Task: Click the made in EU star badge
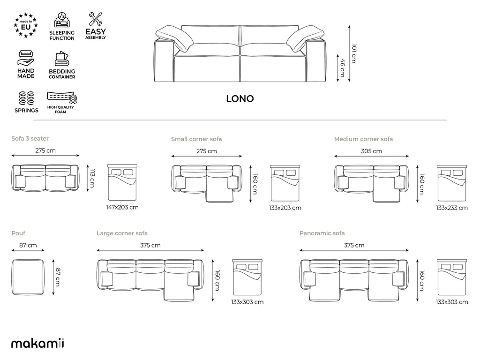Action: click(26, 26)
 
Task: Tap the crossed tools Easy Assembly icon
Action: click(96, 19)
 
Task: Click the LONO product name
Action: click(240, 99)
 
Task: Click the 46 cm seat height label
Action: click(342, 67)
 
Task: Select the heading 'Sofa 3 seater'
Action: click(30, 138)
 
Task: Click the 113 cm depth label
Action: click(92, 178)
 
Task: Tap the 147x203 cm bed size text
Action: click(122, 207)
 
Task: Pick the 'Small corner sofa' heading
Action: click(196, 139)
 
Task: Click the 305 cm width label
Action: click(371, 151)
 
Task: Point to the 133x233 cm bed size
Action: click(452, 208)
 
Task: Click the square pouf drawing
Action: click(29, 277)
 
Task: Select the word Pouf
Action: click(18, 232)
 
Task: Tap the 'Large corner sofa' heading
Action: click(122, 233)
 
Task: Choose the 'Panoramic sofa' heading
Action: click(322, 233)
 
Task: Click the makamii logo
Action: click(37, 343)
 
